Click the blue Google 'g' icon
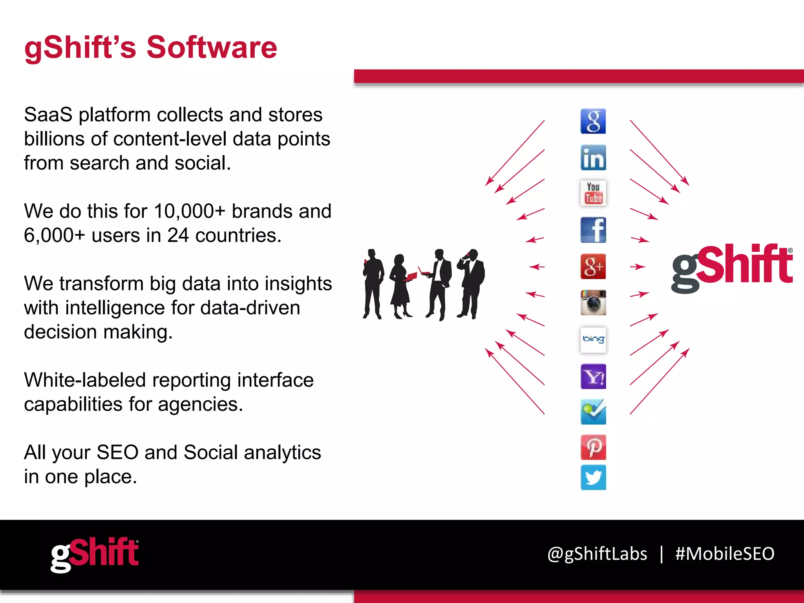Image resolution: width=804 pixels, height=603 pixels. tap(593, 121)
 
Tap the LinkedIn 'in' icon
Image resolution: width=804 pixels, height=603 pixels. tap(593, 158)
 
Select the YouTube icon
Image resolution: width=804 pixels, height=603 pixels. tap(593, 193)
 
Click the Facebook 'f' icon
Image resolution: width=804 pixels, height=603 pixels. tap(593, 230)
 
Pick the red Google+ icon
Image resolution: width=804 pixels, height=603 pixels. tap(593, 267)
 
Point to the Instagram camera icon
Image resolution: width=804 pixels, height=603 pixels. tap(593, 303)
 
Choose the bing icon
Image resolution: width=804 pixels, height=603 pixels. tap(593, 340)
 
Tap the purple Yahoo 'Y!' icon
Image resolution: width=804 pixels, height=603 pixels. tap(593, 376)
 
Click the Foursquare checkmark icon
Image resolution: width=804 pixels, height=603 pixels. tap(593, 412)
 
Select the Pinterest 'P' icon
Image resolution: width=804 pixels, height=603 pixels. tap(593, 447)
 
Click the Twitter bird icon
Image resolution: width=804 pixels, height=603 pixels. tap(593, 478)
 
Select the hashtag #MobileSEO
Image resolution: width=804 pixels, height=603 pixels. tap(724, 554)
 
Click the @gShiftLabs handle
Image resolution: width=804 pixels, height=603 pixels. tap(597, 554)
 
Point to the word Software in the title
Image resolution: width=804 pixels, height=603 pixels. tap(212, 48)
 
